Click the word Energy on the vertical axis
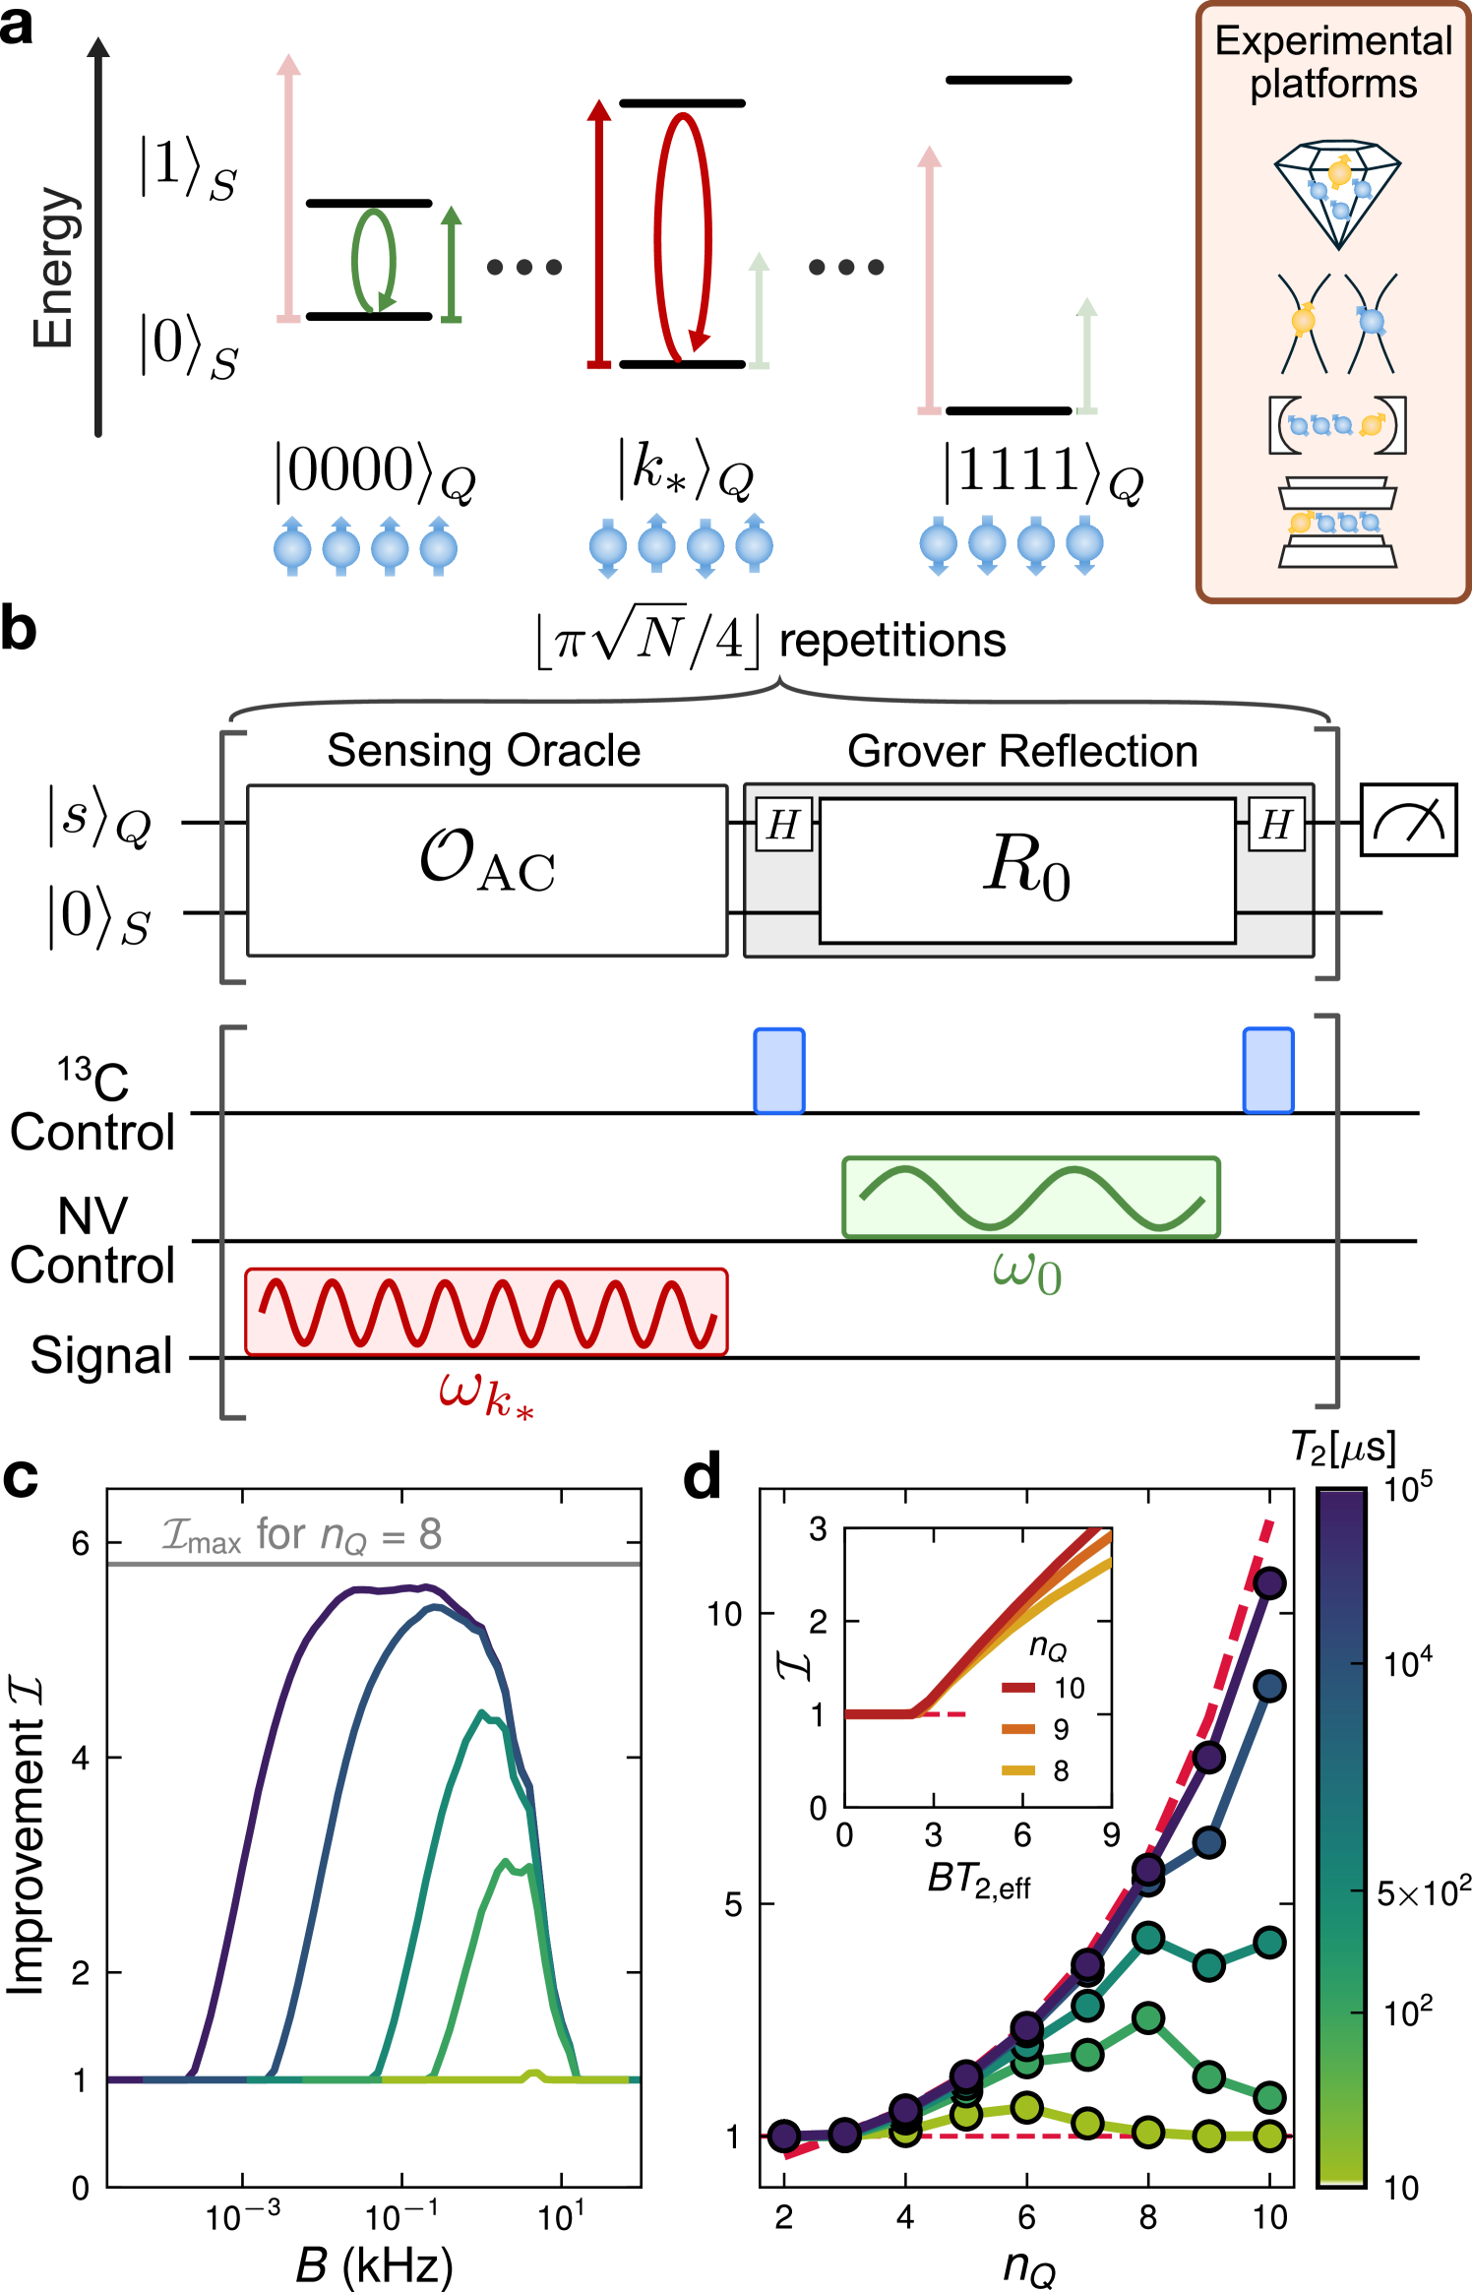tap(54, 268)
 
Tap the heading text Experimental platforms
tap(1333, 62)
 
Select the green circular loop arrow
tap(374, 261)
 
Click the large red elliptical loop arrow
tap(683, 236)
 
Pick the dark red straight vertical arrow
tap(599, 234)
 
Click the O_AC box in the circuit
tap(487, 870)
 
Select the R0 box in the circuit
tap(1027, 870)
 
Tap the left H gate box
tap(783, 825)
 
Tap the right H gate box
tap(1276, 825)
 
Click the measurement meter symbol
tap(1408, 820)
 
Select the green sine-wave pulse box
tap(1031, 1197)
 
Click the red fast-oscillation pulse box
tap(486, 1312)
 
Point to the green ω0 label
tap(1027, 1272)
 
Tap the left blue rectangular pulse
tap(778, 1071)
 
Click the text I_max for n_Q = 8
tap(301, 1535)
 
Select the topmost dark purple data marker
tap(1269, 1583)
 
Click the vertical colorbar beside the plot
tap(1342, 1836)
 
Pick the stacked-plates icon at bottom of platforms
tap(1337, 523)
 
